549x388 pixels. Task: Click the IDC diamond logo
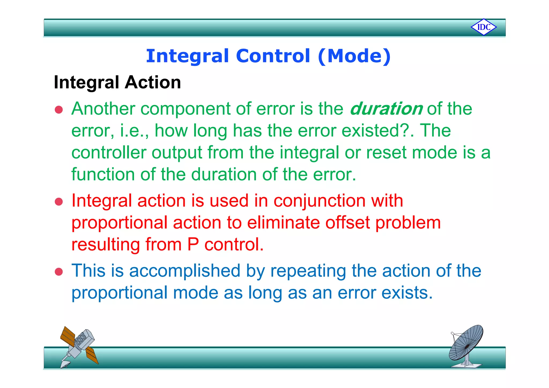[484, 27]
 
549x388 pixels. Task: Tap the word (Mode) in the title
[354, 56]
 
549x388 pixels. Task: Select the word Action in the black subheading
[153, 82]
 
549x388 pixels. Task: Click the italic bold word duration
[386, 109]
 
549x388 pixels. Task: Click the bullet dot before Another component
[59, 110]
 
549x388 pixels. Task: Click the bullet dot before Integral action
[59, 202]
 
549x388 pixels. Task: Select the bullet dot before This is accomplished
[59, 272]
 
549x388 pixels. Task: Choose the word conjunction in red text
[319, 201]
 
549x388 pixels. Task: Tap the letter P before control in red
[193, 244]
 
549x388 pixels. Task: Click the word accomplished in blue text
[185, 271]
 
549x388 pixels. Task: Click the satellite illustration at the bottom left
[78, 346]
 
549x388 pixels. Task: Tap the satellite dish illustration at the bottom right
[466, 346]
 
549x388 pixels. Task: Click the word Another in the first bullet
[103, 109]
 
